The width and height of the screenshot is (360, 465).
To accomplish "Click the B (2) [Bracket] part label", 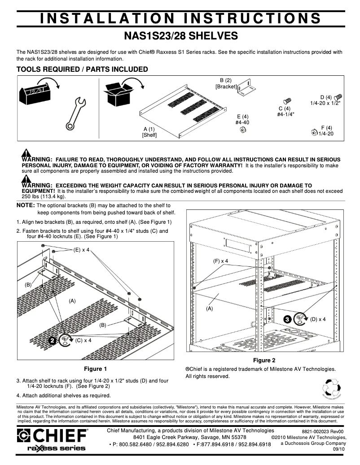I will [225, 83].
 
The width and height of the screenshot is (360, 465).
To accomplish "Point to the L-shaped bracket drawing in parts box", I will [246, 87].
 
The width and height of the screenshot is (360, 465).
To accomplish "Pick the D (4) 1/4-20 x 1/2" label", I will [325, 100].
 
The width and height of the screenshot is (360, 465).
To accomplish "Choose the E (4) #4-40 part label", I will [242, 119].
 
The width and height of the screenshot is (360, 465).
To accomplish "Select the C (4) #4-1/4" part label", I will [285, 111].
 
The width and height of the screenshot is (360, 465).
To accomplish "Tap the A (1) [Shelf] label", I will [149, 132].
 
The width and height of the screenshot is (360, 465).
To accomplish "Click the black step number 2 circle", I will [53, 341].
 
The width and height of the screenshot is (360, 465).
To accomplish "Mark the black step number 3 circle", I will [287, 319].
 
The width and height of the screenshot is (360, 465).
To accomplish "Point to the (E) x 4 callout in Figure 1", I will [81, 250].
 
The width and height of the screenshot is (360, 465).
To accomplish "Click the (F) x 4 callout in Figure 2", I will [220, 261].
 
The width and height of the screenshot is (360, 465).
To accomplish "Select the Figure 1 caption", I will [96, 369].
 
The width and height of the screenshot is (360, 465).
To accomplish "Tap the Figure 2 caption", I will [264, 360].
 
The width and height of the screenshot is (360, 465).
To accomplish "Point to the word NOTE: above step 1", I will [26, 205].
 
